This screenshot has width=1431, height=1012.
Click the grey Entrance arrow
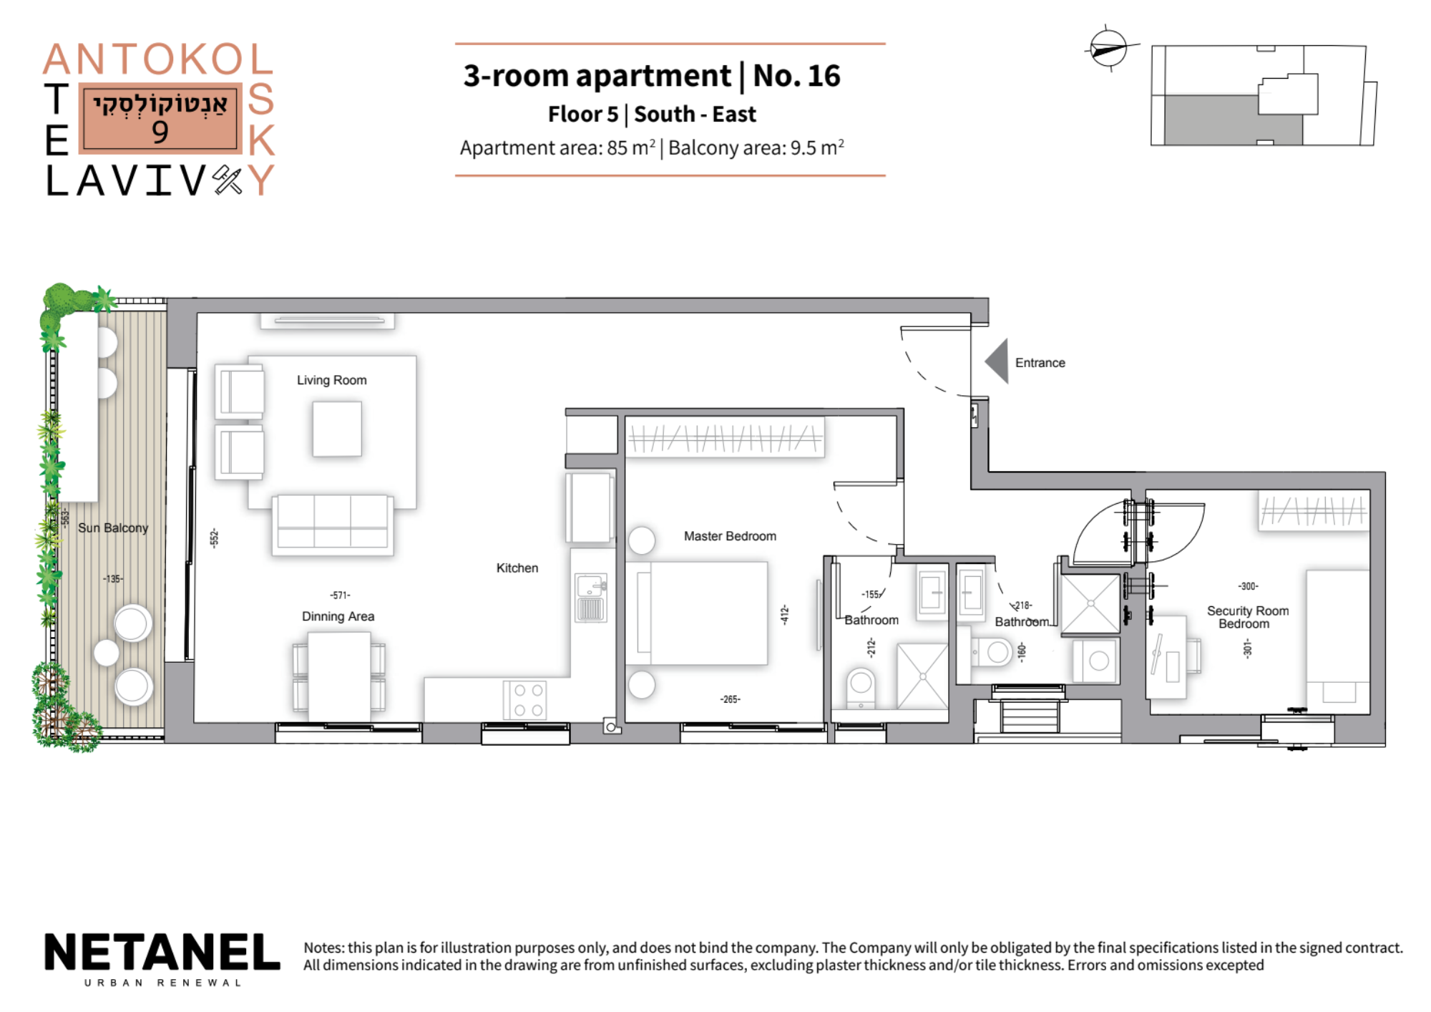click(x=997, y=361)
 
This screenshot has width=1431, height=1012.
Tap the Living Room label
click(x=332, y=380)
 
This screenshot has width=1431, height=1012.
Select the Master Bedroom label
click(x=730, y=536)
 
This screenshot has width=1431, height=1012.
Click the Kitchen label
click(x=517, y=568)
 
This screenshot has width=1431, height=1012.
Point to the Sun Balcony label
click(x=113, y=528)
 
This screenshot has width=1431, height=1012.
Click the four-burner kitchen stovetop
click(x=525, y=699)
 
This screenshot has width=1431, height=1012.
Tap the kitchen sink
click(x=591, y=597)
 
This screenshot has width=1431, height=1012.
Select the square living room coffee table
click(x=337, y=429)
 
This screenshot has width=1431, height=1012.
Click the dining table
click(x=339, y=676)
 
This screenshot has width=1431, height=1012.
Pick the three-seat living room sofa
click(x=333, y=525)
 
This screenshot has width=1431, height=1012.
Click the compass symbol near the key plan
click(x=1108, y=49)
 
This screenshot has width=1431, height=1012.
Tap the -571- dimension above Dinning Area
click(x=341, y=595)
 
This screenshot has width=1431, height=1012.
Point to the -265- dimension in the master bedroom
click(x=730, y=699)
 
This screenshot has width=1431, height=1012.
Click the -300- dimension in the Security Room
click(x=1249, y=586)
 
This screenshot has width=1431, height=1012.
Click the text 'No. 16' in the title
click(x=796, y=76)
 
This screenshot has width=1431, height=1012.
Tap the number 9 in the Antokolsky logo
click(x=160, y=132)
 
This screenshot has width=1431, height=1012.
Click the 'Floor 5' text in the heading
click(x=583, y=115)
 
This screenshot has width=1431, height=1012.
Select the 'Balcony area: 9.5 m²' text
click(x=756, y=148)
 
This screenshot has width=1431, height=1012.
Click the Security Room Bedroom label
click(x=1248, y=617)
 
